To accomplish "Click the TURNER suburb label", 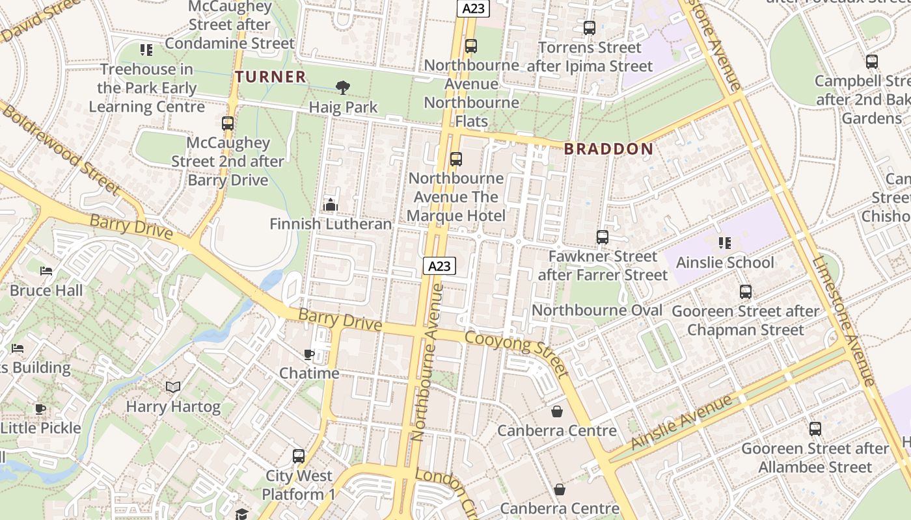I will click(271, 77).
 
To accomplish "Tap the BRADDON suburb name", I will click(608, 149).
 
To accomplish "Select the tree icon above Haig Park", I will click(342, 87).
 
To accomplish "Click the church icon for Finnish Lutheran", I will click(331, 205).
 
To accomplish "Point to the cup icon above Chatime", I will click(309, 354).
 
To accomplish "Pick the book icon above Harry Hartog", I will click(172, 387).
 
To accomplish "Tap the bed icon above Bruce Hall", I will click(46, 271).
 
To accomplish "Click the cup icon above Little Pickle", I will click(40, 409).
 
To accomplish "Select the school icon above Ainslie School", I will click(725, 243).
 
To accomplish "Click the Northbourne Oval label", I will click(597, 310).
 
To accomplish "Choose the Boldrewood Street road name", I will click(61, 148).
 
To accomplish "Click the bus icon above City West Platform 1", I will click(299, 456).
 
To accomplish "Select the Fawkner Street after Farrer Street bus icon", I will click(603, 237).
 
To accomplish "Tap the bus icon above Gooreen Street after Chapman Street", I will click(746, 292).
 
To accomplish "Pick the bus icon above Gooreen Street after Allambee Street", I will click(815, 429).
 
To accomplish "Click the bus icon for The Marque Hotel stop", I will click(456, 159).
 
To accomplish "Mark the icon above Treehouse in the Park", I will click(146, 49).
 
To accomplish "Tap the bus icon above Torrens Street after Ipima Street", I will click(590, 28).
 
